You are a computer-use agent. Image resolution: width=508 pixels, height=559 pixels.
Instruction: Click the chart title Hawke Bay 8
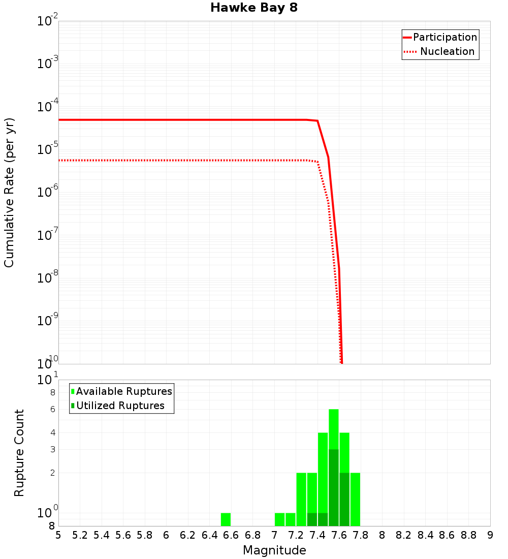(x=253, y=8)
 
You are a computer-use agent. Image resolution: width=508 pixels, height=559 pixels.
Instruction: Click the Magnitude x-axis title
(x=274, y=550)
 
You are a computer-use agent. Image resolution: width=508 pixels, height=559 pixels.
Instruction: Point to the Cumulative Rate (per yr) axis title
(x=9, y=193)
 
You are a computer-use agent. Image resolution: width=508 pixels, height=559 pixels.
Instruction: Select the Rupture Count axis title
(x=19, y=453)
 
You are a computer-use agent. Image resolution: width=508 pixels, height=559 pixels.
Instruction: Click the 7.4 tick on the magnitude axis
(x=317, y=535)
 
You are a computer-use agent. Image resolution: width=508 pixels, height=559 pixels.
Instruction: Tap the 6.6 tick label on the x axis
(x=231, y=535)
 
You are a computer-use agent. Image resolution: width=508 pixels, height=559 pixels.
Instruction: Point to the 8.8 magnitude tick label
(x=468, y=535)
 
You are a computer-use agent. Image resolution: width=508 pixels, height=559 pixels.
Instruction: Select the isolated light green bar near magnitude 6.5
(x=226, y=519)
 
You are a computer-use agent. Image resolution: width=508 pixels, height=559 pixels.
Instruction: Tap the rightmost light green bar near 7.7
(x=355, y=499)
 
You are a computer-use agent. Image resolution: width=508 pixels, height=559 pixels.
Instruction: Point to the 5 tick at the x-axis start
(x=58, y=535)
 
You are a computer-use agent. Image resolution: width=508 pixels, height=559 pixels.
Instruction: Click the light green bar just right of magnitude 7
(x=279, y=519)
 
